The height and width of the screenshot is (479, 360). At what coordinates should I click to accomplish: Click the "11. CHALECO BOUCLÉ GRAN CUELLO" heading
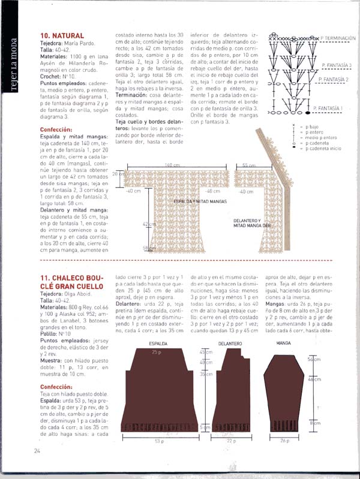tap(69, 282)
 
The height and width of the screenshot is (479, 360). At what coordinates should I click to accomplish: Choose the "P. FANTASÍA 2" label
tap(334, 79)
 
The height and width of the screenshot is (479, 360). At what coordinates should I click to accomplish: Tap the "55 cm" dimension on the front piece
tap(250, 165)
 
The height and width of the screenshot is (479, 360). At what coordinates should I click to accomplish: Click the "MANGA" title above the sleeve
tap(283, 343)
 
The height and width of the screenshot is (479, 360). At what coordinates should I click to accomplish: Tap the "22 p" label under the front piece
tap(230, 441)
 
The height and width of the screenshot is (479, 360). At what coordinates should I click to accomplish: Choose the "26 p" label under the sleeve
tap(284, 441)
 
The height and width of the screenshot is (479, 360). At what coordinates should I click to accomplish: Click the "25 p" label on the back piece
tap(157, 352)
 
